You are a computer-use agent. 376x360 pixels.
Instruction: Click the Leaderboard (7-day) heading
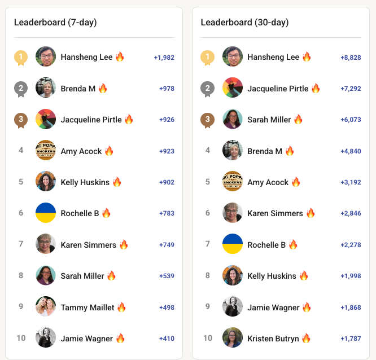[55, 23]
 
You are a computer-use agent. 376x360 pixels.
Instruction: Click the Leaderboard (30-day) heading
[244, 23]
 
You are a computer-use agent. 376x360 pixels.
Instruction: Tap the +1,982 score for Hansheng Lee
[164, 58]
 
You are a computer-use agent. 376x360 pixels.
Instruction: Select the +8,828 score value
[351, 58]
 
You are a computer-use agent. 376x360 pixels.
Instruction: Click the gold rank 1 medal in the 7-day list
[21, 57]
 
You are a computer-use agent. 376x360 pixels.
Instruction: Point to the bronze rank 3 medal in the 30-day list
[208, 120]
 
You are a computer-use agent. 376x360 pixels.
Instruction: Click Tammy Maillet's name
[88, 308]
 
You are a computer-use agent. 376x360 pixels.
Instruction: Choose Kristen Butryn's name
[273, 339]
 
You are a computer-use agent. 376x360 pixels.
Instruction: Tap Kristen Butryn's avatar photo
[233, 338]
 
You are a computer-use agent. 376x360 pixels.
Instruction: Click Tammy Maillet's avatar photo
[46, 307]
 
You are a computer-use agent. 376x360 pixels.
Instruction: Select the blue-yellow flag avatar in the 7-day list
[46, 213]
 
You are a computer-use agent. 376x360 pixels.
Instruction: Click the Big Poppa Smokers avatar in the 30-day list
[233, 182]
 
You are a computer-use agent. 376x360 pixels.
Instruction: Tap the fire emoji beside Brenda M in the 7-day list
[103, 89]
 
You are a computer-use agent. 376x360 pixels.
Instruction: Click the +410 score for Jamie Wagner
[167, 339]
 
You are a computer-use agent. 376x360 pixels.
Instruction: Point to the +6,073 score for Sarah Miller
[351, 120]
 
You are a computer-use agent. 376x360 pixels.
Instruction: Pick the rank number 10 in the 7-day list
[21, 339]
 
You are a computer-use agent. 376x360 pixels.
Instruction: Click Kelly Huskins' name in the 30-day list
[272, 276]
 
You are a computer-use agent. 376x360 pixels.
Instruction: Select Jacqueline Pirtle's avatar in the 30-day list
[233, 89]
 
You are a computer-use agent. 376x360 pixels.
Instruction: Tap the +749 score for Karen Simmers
[167, 245]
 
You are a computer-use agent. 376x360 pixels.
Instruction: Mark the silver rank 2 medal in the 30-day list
[208, 89]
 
